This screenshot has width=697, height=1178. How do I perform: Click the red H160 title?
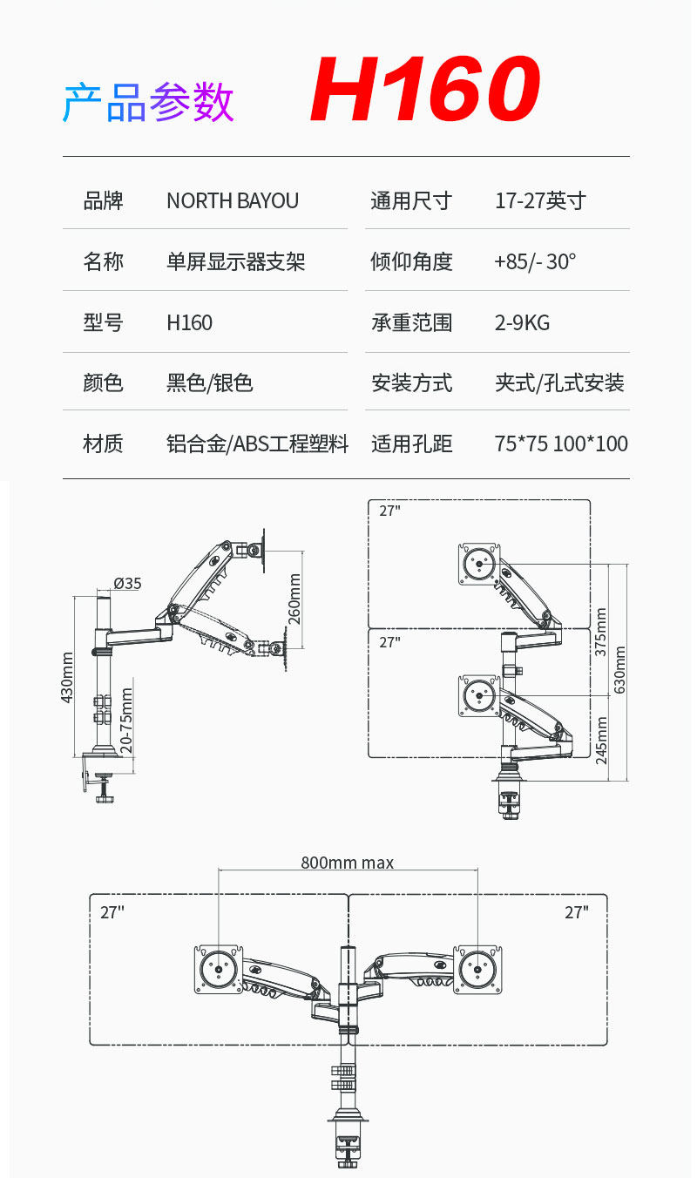[x=425, y=90]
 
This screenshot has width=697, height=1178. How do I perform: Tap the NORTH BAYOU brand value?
[x=233, y=201]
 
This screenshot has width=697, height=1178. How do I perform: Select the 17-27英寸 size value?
[x=540, y=201]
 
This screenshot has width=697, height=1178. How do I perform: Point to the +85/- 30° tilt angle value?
[x=535, y=261]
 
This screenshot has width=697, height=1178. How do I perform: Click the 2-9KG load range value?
[x=522, y=322]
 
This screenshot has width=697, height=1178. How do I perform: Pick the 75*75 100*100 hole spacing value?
[x=561, y=443]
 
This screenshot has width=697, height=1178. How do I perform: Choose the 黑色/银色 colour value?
[x=209, y=383]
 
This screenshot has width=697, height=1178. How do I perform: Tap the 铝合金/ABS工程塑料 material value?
[x=257, y=443]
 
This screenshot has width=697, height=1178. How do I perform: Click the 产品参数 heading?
[x=148, y=103]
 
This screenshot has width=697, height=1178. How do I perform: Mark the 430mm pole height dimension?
[x=68, y=678]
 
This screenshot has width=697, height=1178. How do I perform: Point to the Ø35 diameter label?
[x=127, y=584]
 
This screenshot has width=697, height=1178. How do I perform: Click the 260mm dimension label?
[x=294, y=599]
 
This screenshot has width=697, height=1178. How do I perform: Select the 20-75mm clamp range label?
[x=126, y=720]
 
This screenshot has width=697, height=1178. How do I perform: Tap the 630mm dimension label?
[x=619, y=669]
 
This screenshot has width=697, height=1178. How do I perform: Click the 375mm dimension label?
[x=600, y=632]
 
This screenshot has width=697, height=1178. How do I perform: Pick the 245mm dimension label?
[x=601, y=740]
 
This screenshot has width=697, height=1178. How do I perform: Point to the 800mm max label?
[x=347, y=863]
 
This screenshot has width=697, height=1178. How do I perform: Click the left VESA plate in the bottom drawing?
[x=218, y=970]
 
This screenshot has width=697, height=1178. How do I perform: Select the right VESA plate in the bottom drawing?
[x=477, y=970]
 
